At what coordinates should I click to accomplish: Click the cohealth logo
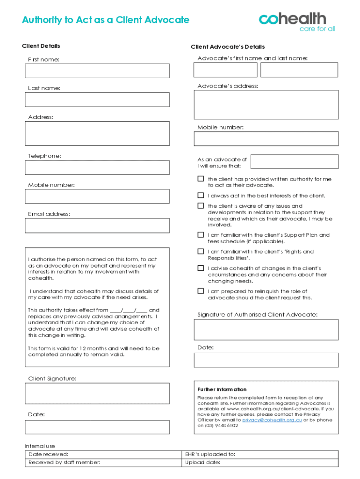pyautogui.click(x=297, y=22)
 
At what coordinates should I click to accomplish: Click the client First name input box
pyautogui.click(x=97, y=71)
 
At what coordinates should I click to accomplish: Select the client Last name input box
pyautogui.click(x=97, y=100)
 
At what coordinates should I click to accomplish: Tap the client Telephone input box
pyautogui.click(x=97, y=167)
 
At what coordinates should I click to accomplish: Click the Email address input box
pyautogui.click(x=97, y=225)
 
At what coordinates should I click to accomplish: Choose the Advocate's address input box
pyautogui.click(x=266, y=105)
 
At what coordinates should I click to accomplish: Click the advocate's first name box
pyautogui.click(x=226, y=70)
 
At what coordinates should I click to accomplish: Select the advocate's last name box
pyautogui.click(x=299, y=70)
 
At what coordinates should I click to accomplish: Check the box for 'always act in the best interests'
pyautogui.click(x=201, y=196)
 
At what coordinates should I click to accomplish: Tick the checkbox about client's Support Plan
pyautogui.click(x=201, y=235)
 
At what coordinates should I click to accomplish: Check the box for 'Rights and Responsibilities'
pyautogui.click(x=201, y=252)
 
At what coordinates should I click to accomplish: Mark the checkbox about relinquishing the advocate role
pyautogui.click(x=201, y=291)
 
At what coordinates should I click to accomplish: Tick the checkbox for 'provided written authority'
pyautogui.click(x=201, y=179)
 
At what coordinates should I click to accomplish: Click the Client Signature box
pyautogui.click(x=97, y=393)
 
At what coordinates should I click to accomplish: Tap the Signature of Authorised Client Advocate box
pyautogui.click(x=266, y=330)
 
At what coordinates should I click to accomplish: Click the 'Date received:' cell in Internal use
pyautogui.click(x=103, y=454)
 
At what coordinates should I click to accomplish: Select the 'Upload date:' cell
pyautogui.click(x=260, y=463)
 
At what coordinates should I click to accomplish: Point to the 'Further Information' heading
pyautogui.click(x=222, y=389)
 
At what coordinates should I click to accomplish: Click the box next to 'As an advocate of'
pyautogui.click(x=294, y=161)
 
